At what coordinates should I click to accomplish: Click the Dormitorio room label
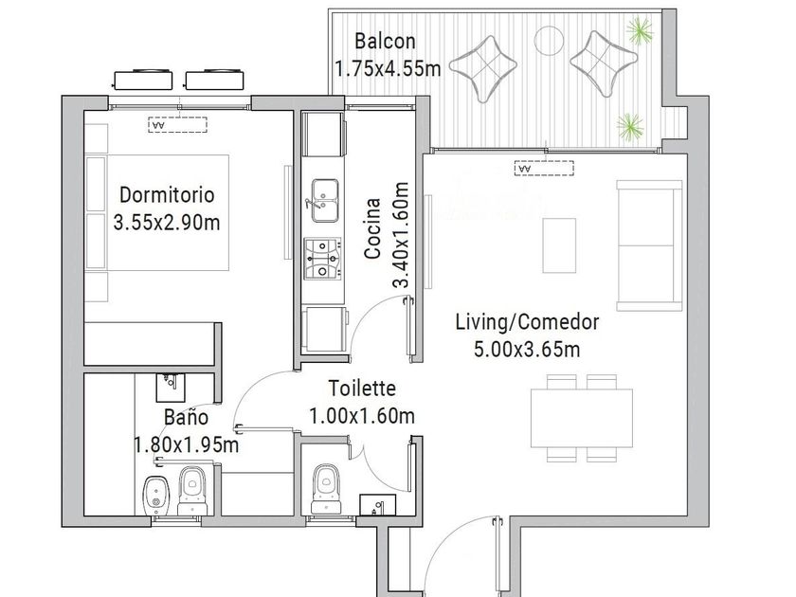tap(167, 194)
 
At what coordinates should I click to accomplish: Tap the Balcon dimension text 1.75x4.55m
tap(388, 68)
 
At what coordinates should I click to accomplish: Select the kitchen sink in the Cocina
tap(325, 200)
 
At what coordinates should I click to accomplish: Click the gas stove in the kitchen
tap(322, 259)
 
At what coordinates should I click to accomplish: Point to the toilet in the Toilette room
tap(325, 488)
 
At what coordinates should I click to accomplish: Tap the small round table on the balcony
tap(548, 39)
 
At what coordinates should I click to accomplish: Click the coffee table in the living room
tap(559, 245)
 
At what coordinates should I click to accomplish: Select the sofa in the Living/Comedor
tap(649, 245)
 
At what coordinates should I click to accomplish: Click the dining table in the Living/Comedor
tap(582, 418)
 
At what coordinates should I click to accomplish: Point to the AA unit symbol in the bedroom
tap(178, 124)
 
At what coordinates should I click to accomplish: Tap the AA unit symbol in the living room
tap(544, 168)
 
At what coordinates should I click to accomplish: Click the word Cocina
tap(372, 228)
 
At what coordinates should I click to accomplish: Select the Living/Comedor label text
tap(527, 322)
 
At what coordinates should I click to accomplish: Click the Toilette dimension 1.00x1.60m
tap(362, 416)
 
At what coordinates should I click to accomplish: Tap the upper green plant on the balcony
tap(639, 30)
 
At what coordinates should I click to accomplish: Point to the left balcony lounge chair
tap(483, 65)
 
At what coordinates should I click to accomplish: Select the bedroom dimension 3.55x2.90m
tap(167, 223)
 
